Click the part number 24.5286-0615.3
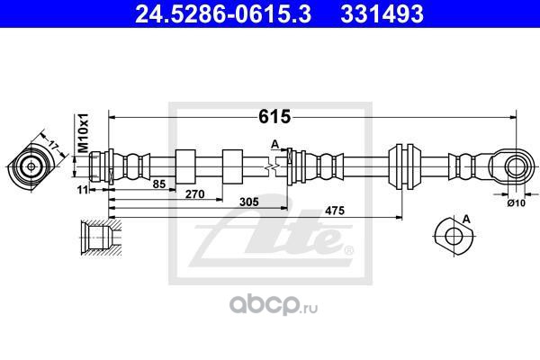(x=223, y=13)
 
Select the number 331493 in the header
(x=382, y=13)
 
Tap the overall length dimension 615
(x=274, y=116)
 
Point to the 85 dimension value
(x=159, y=184)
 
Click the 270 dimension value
(x=195, y=194)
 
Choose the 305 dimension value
(x=249, y=202)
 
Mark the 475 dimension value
(x=335, y=210)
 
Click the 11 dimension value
(x=82, y=189)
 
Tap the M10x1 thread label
(x=83, y=133)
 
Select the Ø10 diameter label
(x=517, y=203)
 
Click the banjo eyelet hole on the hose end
(x=516, y=166)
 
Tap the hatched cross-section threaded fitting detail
(x=101, y=238)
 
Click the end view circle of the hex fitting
(x=31, y=167)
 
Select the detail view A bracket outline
(x=454, y=237)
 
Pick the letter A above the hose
(x=274, y=145)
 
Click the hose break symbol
(x=272, y=167)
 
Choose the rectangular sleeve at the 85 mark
(x=185, y=166)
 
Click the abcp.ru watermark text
(x=274, y=304)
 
